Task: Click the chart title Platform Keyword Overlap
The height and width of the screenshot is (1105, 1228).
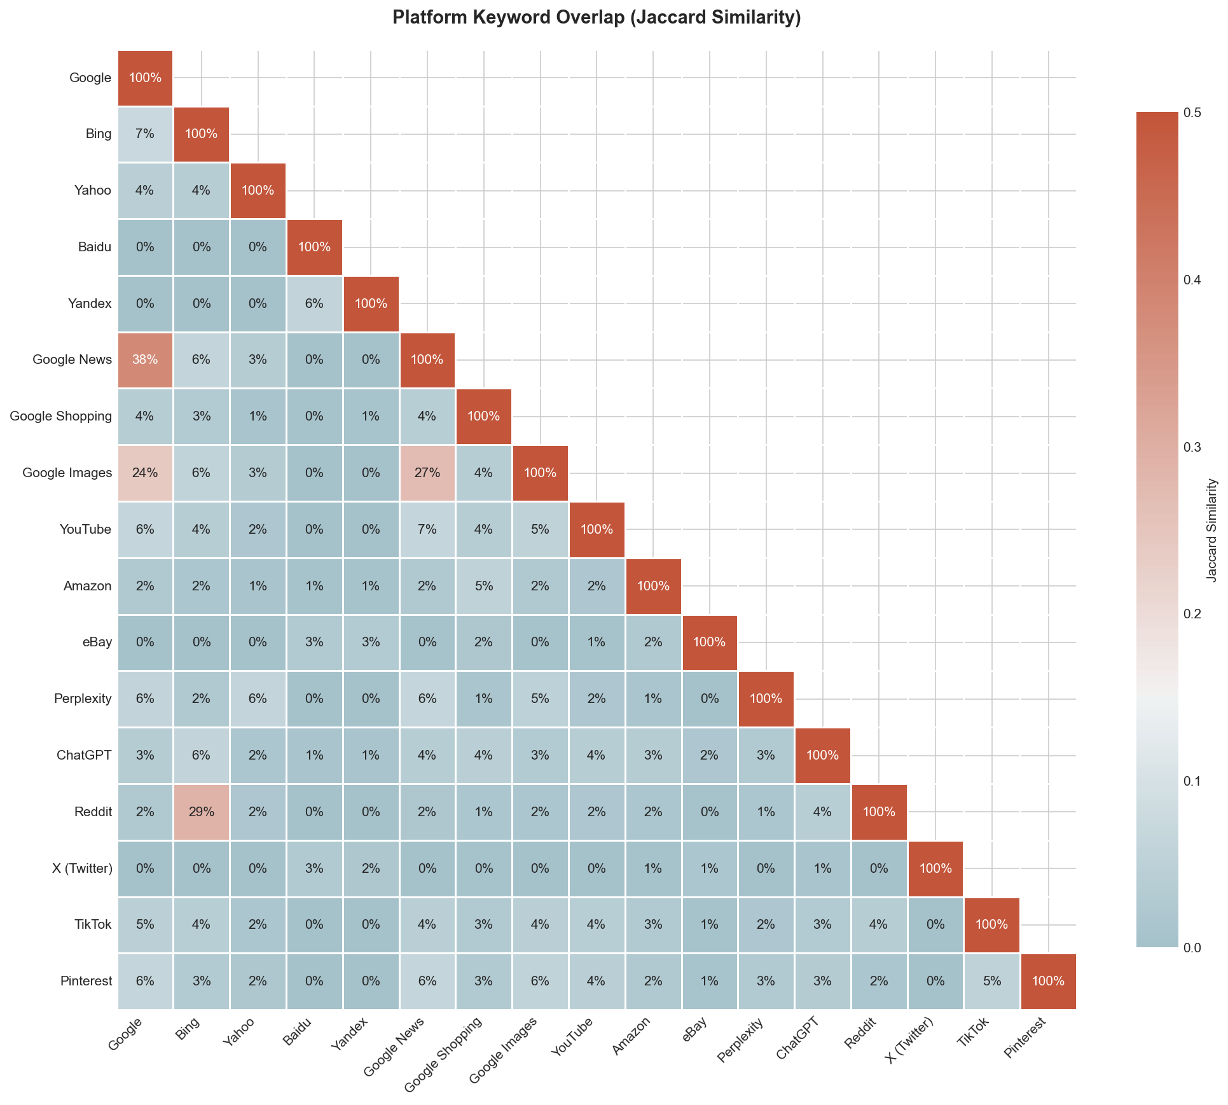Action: pyautogui.click(x=596, y=17)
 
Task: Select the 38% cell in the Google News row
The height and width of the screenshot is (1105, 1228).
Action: pyautogui.click(x=145, y=360)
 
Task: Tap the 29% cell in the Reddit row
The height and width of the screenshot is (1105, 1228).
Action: pyautogui.click(x=201, y=812)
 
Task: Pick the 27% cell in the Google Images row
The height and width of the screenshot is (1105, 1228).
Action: pyautogui.click(x=427, y=473)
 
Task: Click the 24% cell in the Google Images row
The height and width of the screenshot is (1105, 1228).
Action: pyautogui.click(x=145, y=473)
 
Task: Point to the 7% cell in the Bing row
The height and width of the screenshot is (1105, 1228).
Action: pyautogui.click(x=145, y=134)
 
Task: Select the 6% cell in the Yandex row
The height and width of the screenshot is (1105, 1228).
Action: pyautogui.click(x=314, y=303)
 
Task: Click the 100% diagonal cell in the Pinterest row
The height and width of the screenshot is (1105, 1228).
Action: pyautogui.click(x=1048, y=982)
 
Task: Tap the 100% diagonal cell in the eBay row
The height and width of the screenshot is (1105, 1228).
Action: pyautogui.click(x=709, y=643)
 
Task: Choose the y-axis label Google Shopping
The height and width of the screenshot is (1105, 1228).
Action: pyautogui.click(x=61, y=417)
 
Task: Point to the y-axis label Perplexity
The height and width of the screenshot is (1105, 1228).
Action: pyautogui.click(x=83, y=699)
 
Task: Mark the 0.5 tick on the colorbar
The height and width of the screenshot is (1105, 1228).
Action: pyautogui.click(x=1191, y=113)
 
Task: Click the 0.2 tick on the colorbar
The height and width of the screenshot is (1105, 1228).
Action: pyautogui.click(x=1191, y=614)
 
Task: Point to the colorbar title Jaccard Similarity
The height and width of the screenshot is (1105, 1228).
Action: pyautogui.click(x=1212, y=531)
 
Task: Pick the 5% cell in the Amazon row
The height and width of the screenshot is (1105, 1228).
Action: pyautogui.click(x=483, y=586)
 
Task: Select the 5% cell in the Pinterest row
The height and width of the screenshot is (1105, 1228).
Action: pyautogui.click(x=991, y=982)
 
